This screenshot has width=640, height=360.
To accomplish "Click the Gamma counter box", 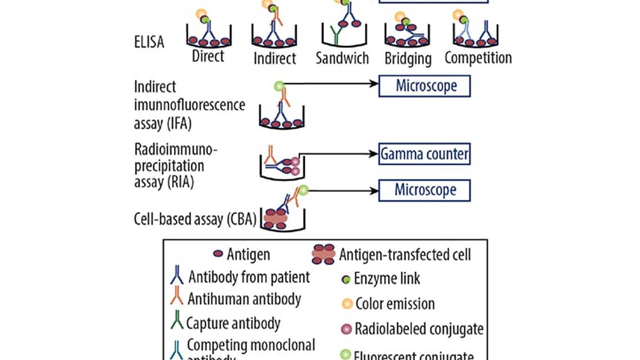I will pos(424,154).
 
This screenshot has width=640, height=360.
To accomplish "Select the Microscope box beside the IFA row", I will pos(425,86).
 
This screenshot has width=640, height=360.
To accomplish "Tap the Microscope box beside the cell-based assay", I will pos(425,190).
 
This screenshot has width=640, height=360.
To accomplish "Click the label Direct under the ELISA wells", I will pos(208,56).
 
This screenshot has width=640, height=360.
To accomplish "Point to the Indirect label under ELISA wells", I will pos(274,58).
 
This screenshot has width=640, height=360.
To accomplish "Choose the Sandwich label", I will pos(342,57).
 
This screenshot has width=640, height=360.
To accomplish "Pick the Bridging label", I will pos(408,58).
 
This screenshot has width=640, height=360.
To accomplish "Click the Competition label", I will pos(478,57).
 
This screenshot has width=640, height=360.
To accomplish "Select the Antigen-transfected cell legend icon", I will pos(323,254).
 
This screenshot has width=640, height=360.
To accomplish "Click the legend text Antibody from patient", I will pos(249,277).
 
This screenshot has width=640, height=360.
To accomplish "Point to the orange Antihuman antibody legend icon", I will pos(177,299).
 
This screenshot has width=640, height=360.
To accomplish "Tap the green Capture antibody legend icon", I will pos(177,323).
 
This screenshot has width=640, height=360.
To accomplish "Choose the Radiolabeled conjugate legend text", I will pos(420,328).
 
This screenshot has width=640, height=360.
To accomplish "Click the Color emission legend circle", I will pos(347,304).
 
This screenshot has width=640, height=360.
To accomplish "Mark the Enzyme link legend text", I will pos(387,278).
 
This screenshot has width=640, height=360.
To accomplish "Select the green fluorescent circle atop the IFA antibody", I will pos(279,86).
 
